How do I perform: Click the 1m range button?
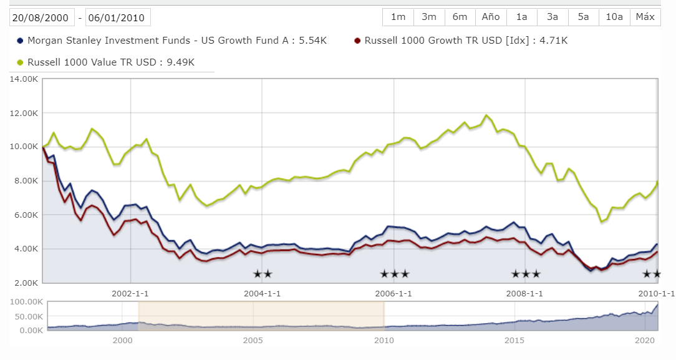click(398, 17)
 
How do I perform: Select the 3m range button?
click(429, 17)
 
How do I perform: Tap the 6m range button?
click(460, 17)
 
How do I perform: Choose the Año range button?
click(491, 17)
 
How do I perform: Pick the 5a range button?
click(583, 17)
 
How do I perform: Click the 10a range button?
click(614, 17)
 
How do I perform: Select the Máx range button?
click(645, 17)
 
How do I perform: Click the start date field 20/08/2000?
click(42, 17)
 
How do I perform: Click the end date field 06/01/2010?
click(118, 17)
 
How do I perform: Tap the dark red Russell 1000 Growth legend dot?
click(357, 41)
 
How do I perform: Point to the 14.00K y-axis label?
click(24, 79)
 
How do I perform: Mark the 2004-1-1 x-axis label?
click(262, 293)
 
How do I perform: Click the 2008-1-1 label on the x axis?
click(525, 293)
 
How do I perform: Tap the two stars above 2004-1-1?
click(263, 274)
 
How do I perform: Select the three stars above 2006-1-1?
click(394, 274)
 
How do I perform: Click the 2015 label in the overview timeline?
click(514, 341)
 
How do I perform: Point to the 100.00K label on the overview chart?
click(27, 302)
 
